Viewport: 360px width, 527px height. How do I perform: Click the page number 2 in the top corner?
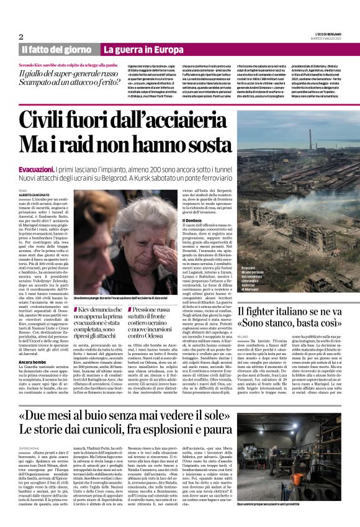pyautogui.click(x=22, y=37)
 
